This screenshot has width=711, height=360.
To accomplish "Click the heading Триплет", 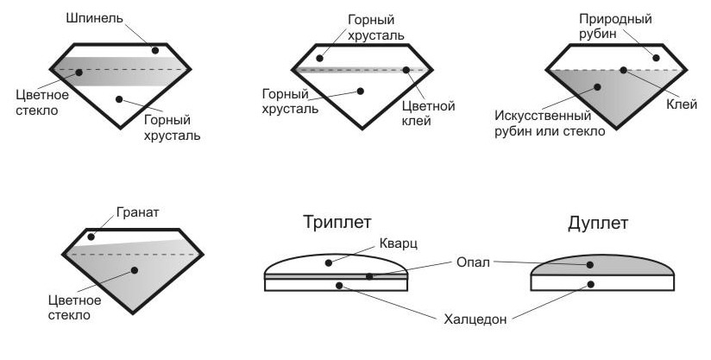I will tap(337, 222).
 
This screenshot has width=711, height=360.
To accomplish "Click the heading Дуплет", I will tap(597, 223).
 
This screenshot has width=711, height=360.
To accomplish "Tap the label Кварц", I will tap(400, 244).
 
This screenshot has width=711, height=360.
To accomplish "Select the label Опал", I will tap(475, 261).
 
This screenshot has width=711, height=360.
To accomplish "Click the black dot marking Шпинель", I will tap(155, 50).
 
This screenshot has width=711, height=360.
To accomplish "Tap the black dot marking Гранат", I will tap(90, 236).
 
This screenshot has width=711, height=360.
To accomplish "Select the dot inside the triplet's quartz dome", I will tap(328, 262).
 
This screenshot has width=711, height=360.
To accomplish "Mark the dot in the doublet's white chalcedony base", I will tap(591, 284).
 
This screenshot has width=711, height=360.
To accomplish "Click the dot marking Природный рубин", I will tap(657, 58).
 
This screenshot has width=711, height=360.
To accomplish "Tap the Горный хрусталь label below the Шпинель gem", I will tap(173, 128).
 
